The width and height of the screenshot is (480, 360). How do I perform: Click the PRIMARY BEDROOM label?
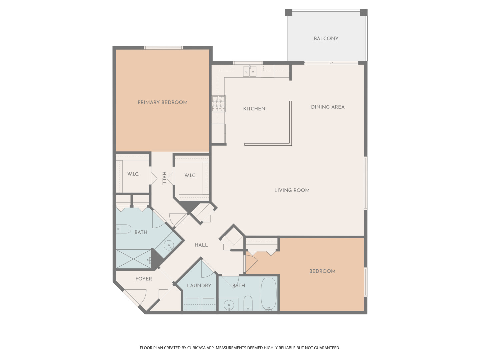162,102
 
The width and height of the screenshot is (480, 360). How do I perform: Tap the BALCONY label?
326,39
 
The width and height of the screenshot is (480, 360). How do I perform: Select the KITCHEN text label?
254,109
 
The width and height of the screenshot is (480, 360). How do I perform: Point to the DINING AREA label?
328,107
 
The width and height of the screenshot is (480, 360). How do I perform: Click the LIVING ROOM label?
292,190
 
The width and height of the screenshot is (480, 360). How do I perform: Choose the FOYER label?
144,279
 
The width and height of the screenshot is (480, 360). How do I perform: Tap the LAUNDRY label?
199,286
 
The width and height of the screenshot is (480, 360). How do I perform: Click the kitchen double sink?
250,71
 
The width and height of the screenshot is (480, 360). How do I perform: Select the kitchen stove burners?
219,104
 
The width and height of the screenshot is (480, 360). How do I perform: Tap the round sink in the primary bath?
169,245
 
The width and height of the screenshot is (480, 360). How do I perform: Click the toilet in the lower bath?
248,302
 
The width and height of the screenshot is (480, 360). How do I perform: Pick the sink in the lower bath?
229,305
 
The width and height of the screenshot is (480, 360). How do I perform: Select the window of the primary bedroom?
163,48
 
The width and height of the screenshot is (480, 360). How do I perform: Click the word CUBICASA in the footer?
196,348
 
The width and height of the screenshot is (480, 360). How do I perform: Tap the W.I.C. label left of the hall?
133,174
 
